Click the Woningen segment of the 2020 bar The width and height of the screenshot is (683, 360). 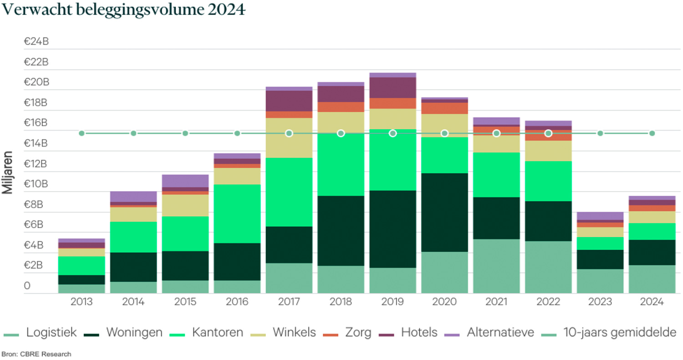444,212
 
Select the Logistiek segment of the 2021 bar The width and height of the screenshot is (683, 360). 496,266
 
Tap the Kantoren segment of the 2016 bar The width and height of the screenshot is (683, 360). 237,213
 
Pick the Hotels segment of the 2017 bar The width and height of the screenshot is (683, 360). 289,101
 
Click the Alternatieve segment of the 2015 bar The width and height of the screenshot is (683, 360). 185,181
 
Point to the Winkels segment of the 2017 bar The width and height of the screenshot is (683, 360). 289,138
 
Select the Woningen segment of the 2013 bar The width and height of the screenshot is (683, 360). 82,279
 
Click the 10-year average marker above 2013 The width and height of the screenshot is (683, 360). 82,133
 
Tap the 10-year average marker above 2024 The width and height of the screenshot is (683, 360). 652,133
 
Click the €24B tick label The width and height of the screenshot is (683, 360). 36,42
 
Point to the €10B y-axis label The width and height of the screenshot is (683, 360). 36,184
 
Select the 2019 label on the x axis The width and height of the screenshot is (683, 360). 392,302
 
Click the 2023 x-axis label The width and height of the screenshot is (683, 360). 600,302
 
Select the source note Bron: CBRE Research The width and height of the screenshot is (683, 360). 36,354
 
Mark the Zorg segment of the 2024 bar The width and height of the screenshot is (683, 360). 652,208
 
